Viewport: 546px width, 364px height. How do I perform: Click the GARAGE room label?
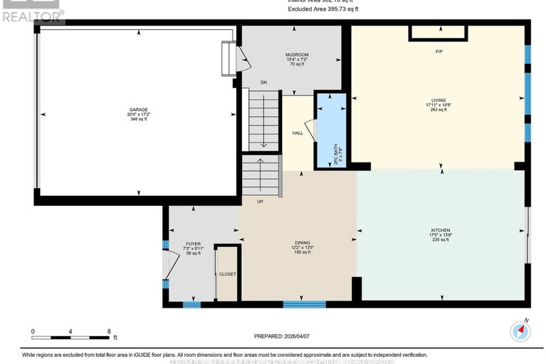138,110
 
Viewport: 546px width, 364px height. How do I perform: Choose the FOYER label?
193,244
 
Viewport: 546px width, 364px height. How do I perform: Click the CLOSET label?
228,274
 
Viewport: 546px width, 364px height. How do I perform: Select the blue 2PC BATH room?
330,128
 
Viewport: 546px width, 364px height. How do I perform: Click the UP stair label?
261,202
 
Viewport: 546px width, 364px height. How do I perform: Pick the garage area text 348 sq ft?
138,119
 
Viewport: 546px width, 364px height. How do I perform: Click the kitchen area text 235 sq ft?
440,240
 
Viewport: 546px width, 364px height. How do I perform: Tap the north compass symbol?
521,331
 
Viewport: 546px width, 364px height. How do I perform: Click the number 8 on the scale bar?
109,331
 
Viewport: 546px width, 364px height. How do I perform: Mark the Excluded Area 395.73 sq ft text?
323,9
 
